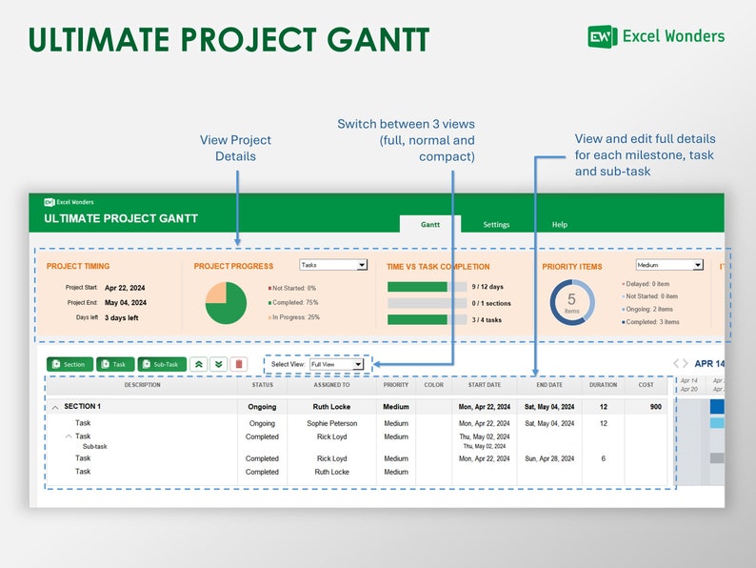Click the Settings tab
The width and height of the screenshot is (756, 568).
[x=496, y=225]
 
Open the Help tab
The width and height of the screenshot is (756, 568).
[x=560, y=225]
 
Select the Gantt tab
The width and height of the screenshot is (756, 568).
[x=430, y=225]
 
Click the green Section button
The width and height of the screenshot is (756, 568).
[x=69, y=364]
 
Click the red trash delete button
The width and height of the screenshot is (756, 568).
[x=238, y=364]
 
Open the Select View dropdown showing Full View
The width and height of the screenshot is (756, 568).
[x=336, y=364]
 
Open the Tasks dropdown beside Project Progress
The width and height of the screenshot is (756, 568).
[x=333, y=265]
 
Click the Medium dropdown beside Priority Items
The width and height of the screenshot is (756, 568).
[x=669, y=265]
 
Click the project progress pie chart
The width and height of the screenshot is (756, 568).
[x=226, y=303]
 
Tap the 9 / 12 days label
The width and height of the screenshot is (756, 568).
[x=487, y=287]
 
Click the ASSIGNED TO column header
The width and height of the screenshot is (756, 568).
[x=332, y=385]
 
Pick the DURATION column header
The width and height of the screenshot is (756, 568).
[x=604, y=385]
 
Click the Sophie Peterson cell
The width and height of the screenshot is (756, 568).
[x=332, y=423]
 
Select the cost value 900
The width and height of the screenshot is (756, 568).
[x=655, y=407]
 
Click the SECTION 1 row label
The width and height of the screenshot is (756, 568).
[x=82, y=407]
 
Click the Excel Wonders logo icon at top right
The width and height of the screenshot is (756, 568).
[x=602, y=36]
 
